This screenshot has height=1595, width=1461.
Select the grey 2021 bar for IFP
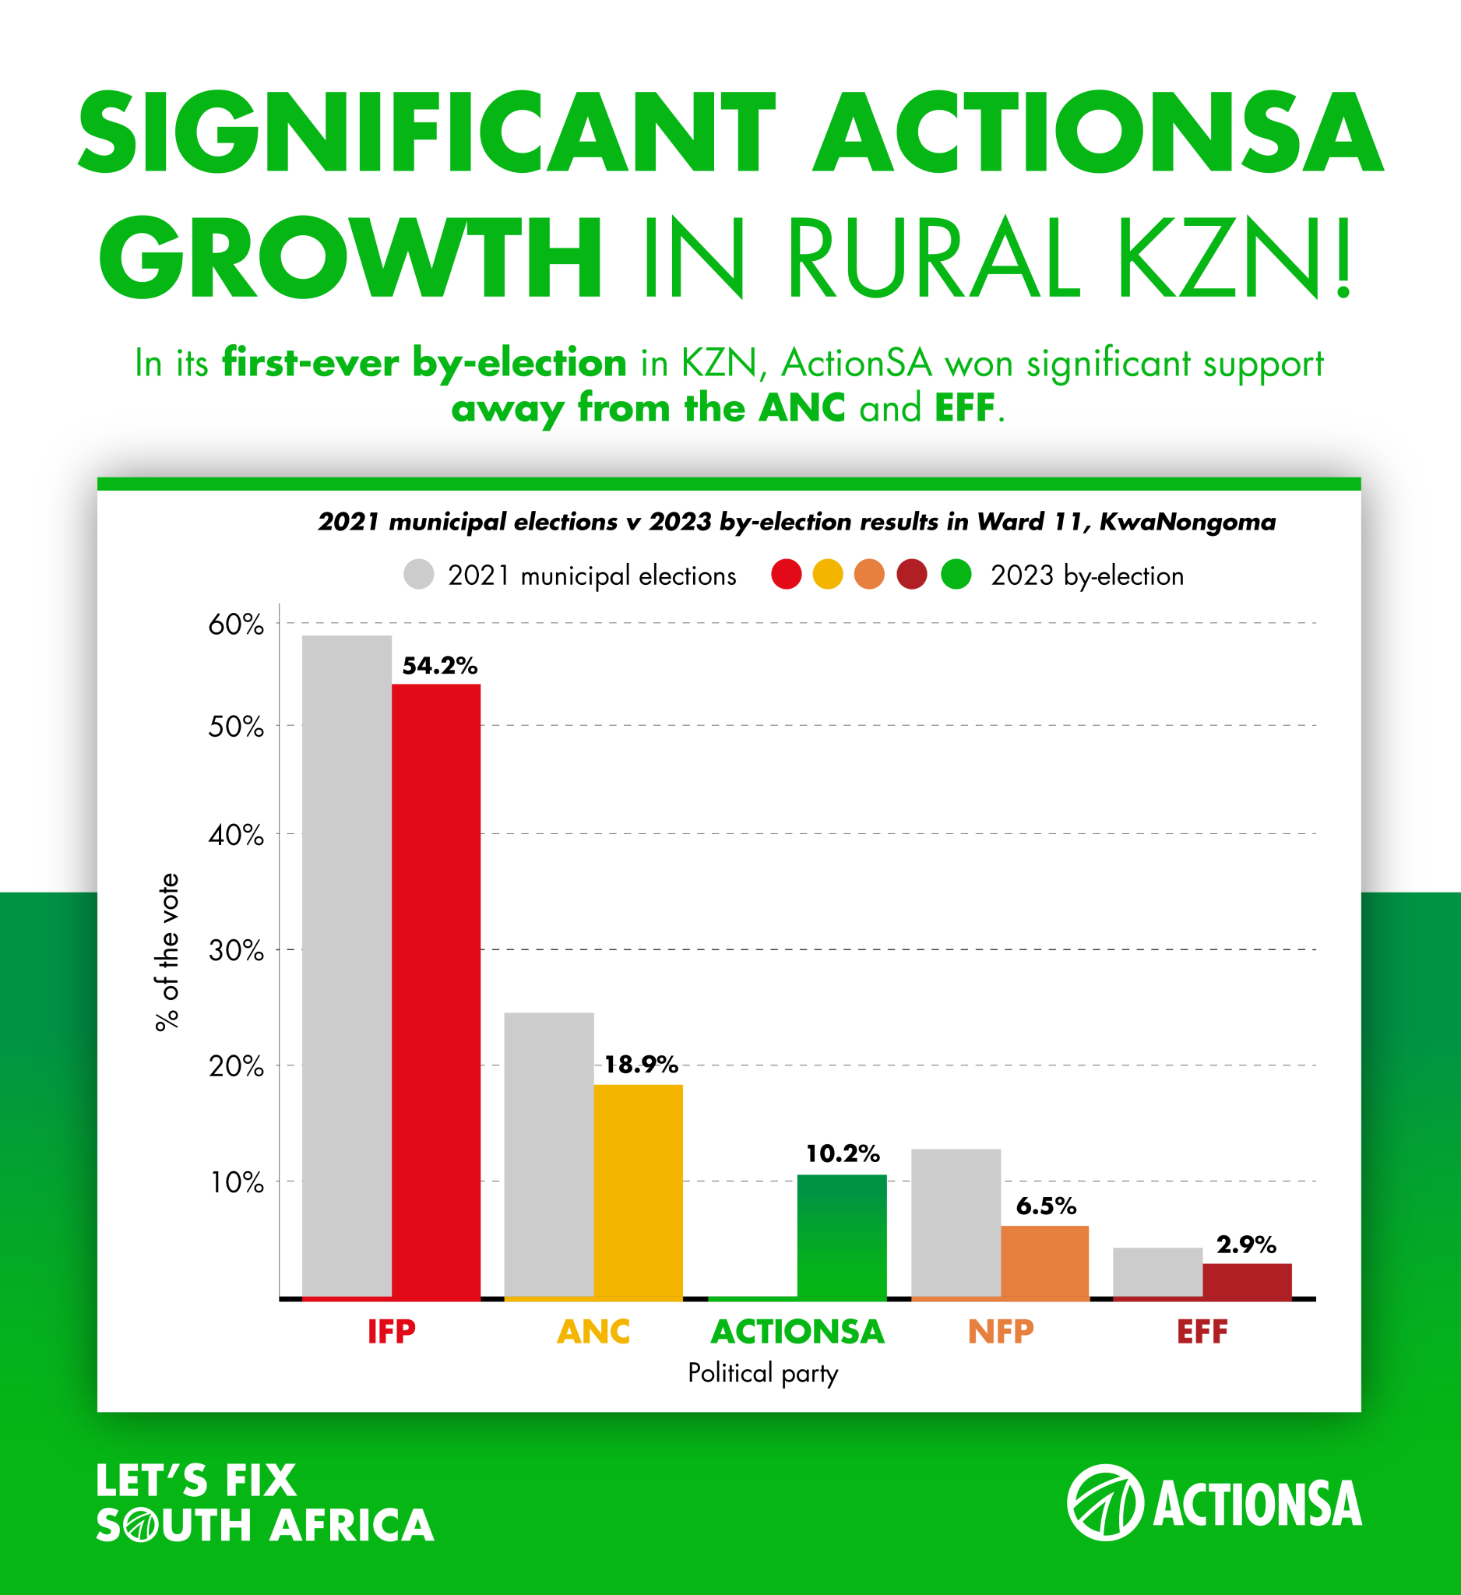pos(347,965)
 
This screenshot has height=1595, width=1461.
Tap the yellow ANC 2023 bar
pos(639,1191)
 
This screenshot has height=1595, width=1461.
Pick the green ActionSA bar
pos(842,1236)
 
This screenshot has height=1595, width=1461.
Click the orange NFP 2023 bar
pos(1045,1261)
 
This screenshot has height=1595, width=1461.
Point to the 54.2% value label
pos(440,665)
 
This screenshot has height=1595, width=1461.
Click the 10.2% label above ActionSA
pos(843,1153)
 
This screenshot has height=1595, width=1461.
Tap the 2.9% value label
pos(1246,1245)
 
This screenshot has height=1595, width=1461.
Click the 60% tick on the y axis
pos(236,625)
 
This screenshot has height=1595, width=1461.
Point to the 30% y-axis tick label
pos(236,950)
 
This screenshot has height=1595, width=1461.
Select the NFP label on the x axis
pos(1001,1332)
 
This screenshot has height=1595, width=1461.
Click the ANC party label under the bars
pos(593,1332)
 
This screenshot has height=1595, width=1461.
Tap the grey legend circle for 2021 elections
pos(418,575)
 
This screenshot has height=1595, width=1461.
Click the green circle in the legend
pos(956,575)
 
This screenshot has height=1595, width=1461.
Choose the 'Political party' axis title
pos(762,1373)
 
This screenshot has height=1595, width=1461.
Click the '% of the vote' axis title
pos(167,951)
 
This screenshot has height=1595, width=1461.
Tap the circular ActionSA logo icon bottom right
pos(1105,1502)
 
